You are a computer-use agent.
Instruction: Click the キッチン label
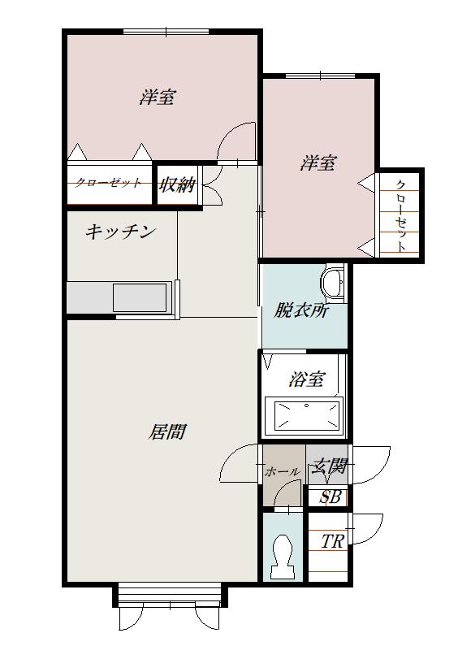(x=120, y=232)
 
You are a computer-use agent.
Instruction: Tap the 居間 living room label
(x=166, y=431)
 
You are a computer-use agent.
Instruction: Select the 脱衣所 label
(x=300, y=309)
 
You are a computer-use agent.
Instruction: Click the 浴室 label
(x=306, y=379)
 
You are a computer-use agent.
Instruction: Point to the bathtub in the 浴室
(x=306, y=414)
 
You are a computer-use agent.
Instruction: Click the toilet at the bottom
(x=283, y=556)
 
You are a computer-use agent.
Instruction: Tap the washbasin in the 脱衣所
(x=332, y=282)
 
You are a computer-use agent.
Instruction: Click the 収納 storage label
(x=177, y=184)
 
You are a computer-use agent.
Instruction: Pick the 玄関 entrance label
(x=331, y=466)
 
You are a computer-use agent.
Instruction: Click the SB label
(x=330, y=497)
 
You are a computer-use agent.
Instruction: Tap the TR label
(x=331, y=542)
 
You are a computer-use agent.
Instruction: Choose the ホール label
(x=282, y=471)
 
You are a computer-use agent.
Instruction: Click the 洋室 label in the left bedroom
(x=158, y=98)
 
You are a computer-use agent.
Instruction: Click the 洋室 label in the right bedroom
(x=318, y=163)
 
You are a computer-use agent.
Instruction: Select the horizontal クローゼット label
(x=108, y=183)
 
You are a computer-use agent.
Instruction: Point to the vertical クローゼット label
(x=402, y=215)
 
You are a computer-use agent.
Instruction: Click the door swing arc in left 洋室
(x=235, y=141)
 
